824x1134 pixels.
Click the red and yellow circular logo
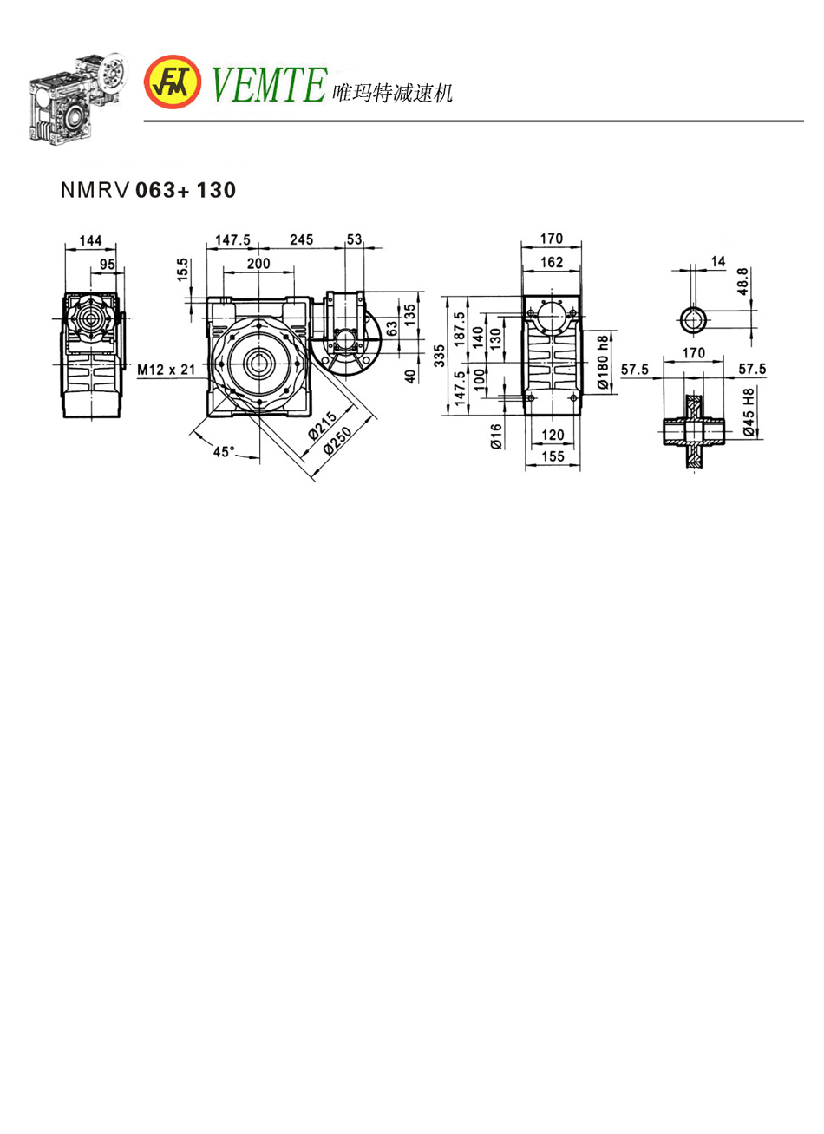click(x=172, y=82)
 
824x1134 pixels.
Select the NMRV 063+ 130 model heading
click(x=148, y=190)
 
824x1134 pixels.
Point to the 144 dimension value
click(x=90, y=240)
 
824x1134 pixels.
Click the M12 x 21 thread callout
click(x=167, y=370)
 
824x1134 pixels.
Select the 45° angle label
click(x=224, y=451)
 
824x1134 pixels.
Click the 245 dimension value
click(x=302, y=239)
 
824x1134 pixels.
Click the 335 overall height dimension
click(x=440, y=355)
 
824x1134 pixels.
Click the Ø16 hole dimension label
click(x=495, y=436)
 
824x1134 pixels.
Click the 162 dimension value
click(x=552, y=261)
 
